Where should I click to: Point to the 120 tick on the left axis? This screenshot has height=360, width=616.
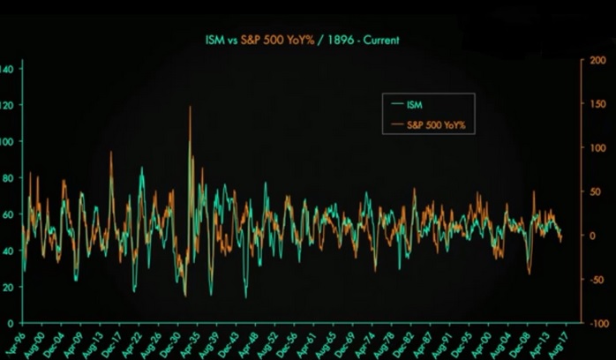(x=6, y=105)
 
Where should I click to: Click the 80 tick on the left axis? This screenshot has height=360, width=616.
(x=8, y=178)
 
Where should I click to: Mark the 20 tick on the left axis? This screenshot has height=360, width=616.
(x=8, y=287)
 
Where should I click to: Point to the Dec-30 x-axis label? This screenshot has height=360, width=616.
(x=171, y=342)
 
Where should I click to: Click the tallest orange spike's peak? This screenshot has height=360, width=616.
(x=190, y=107)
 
